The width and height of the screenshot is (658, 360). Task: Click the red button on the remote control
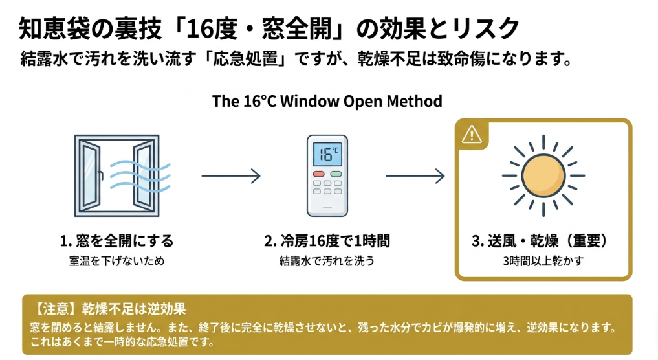point(318,174)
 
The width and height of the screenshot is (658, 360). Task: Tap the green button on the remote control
point(336,174)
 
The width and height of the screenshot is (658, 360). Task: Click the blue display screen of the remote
point(327,154)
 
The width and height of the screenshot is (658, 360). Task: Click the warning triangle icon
point(472,135)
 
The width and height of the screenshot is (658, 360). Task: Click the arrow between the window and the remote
point(230,175)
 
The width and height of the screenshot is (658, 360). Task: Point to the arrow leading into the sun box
point(415,175)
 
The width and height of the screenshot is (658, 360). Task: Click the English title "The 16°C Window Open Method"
point(327,102)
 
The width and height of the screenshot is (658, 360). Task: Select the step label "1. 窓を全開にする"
point(117,242)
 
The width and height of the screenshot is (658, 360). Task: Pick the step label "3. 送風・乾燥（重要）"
point(542,242)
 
